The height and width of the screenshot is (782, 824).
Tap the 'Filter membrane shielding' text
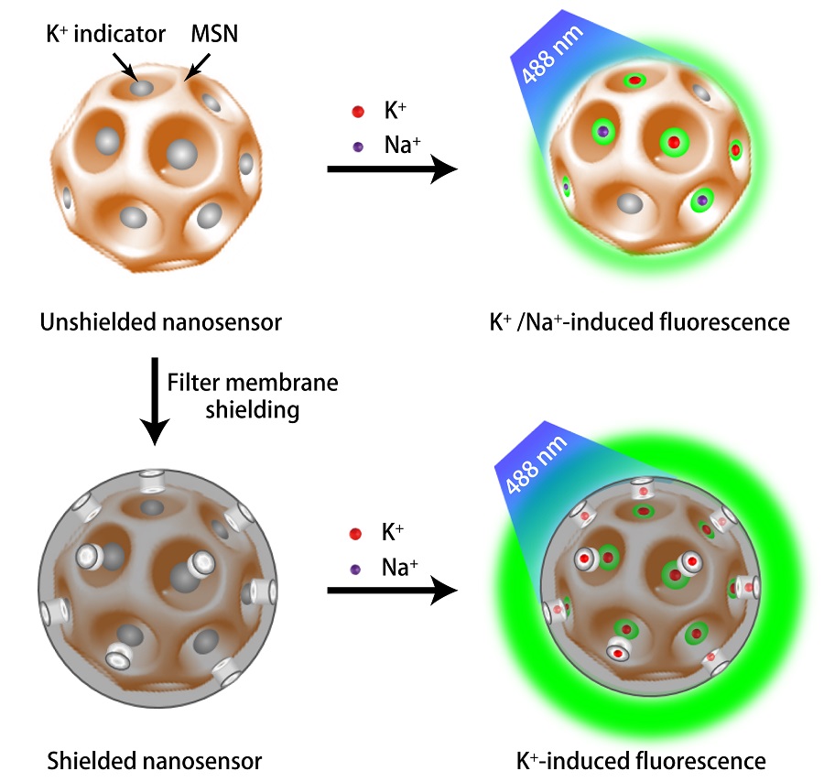coord(251,396)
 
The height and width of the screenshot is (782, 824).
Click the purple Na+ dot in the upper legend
coord(358,146)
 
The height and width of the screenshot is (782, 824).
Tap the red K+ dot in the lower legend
coord(358,533)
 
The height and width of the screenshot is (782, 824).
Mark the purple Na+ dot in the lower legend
coord(358,568)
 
